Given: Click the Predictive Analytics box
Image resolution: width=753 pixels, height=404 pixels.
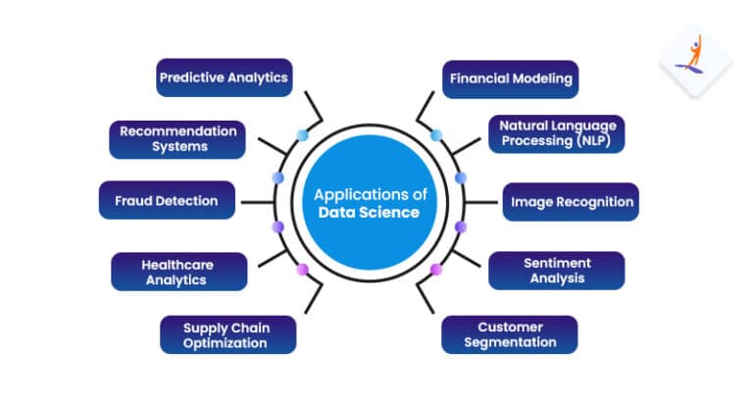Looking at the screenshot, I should pos(225,77).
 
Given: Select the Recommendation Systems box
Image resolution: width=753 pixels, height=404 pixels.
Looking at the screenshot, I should pos(177,138).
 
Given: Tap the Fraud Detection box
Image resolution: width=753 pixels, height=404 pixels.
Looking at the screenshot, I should pos(167,200).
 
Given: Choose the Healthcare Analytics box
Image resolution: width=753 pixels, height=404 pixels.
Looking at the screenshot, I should pos(178,272).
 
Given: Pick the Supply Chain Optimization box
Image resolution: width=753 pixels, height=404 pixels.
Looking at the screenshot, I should pos(227,334).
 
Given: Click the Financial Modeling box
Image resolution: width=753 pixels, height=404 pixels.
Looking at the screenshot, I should pos(510,78).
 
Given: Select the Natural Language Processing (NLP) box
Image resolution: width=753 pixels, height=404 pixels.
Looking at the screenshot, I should pos(556,133).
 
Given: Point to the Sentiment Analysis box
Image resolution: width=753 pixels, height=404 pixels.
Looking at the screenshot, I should pos(556,271).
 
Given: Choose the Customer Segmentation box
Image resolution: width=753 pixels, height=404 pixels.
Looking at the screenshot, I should pos(509,334).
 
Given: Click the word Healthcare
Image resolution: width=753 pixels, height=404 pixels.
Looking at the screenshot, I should pos(178,264).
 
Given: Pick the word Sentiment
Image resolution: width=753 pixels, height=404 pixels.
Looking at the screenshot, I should pos(556,263).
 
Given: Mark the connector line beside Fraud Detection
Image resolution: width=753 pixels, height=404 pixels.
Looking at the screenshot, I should pos(256,202).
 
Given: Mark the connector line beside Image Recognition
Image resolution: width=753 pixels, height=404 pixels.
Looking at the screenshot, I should pos(481,202).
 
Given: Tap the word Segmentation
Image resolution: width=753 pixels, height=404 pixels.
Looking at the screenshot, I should pos(509,342).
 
